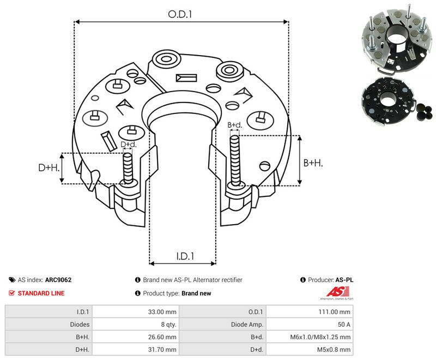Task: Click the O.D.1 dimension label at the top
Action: (180, 14)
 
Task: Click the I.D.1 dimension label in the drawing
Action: (185, 256)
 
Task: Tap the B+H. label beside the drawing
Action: (313, 163)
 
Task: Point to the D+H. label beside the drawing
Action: (49, 167)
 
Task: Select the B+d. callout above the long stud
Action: (235, 125)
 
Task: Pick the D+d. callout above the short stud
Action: (129, 145)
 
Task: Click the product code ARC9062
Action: (58, 280)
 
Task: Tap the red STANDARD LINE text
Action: (41, 293)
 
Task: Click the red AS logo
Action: (337, 293)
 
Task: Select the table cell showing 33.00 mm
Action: (135, 311)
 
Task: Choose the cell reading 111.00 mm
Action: (310, 311)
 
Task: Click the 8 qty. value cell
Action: (135, 324)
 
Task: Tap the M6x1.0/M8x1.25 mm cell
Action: (310, 337)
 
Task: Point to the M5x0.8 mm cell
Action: (310, 350)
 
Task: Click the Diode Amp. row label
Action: (247, 325)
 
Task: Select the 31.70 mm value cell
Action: (135, 350)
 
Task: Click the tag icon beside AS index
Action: (12, 280)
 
